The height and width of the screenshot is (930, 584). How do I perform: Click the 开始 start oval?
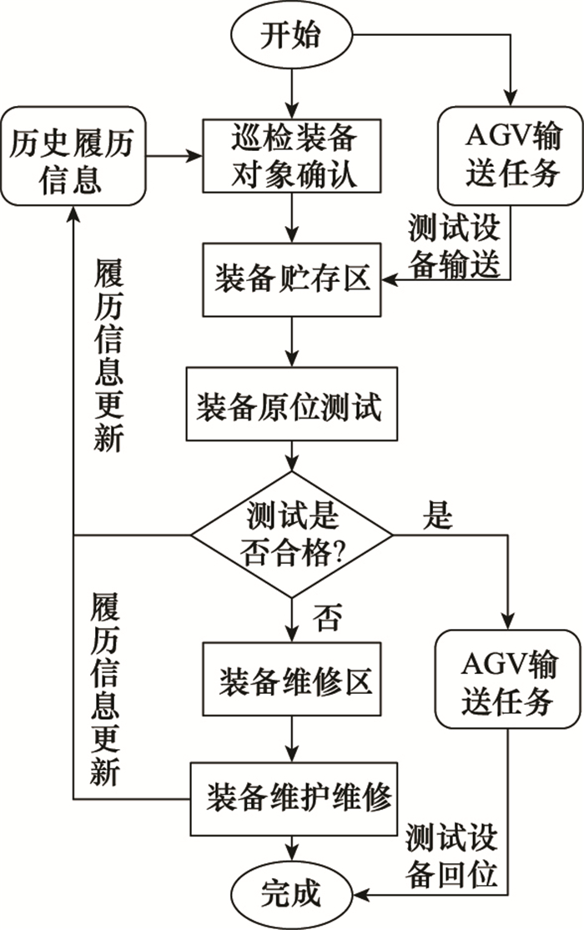pyautogui.click(x=291, y=35)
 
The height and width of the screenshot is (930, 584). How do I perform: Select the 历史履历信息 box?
pyautogui.click(x=73, y=157)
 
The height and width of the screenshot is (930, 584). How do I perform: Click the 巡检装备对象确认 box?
pyautogui.click(x=291, y=156)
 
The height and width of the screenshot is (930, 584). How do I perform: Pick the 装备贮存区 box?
pyautogui.click(x=291, y=279)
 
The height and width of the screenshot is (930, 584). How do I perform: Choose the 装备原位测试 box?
pyautogui.click(x=291, y=404)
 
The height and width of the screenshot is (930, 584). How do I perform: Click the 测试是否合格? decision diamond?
pyautogui.click(x=291, y=535)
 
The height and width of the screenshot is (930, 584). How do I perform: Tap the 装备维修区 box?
pyautogui.click(x=291, y=679)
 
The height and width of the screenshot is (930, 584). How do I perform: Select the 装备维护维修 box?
pyautogui.click(x=293, y=799)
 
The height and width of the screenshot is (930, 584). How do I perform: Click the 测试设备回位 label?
pyautogui.click(x=452, y=856)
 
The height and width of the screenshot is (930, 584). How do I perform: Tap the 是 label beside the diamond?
pyautogui.click(x=438, y=515)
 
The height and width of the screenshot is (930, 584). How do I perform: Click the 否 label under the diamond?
pyautogui.click(x=327, y=618)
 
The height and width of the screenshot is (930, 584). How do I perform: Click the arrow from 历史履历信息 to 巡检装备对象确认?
pyautogui.click(x=174, y=157)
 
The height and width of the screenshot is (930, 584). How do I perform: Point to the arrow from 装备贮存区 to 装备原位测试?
pyautogui.click(x=291, y=342)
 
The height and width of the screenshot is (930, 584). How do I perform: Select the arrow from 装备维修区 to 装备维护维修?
pyautogui.click(x=291, y=739)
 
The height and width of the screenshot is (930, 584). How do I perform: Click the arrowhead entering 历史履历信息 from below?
pyautogui.click(x=73, y=214)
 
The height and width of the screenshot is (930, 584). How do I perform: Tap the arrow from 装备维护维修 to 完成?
pyautogui.click(x=291, y=849)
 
